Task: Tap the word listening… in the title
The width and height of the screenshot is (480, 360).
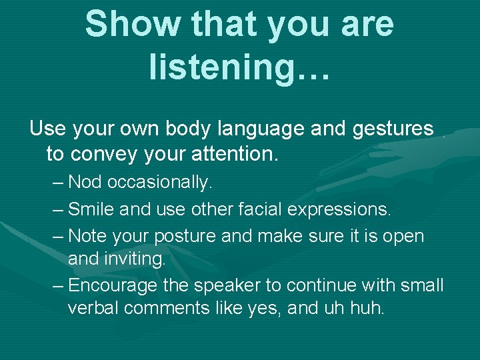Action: tap(239, 68)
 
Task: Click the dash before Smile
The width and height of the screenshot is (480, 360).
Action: tap(58, 209)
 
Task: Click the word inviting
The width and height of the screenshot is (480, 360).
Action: tap(137, 259)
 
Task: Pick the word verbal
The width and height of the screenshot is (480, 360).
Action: tap(90, 309)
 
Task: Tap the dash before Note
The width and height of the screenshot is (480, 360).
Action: tap(58, 237)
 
